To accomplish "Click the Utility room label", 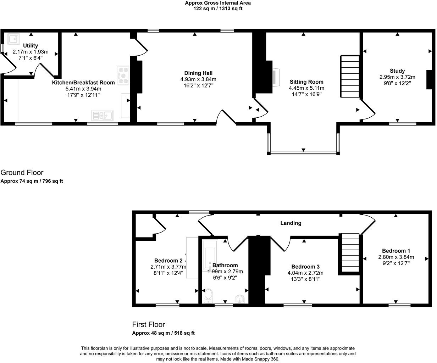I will pos(31,46).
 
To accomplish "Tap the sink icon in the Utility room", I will pos(15,39).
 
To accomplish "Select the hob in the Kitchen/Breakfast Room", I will pos(123,76).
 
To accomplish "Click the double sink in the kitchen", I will pos(102,115).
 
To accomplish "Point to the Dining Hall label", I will pos(198,73).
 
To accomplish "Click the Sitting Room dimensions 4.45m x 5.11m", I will pos(306,88).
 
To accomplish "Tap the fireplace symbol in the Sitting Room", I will pos(275,76).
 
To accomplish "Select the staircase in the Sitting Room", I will pos(350,76).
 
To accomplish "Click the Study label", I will pos(397,71).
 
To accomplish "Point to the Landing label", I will pos(291,223).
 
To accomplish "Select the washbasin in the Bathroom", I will pos(240,299).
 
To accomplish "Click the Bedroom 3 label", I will pos(305,267).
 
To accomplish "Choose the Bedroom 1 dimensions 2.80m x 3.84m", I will pos(396,257).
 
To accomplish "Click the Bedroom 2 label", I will pos(168,261).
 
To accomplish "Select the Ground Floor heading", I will pos(22,173).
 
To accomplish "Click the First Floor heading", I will pos(148,324).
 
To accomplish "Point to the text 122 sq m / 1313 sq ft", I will pos(218,9).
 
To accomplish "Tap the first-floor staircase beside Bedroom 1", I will pos(350,253).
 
